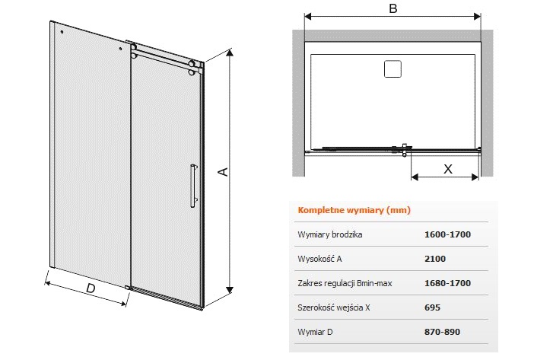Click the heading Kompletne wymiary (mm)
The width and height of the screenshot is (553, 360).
pyautogui.click(x=354, y=210)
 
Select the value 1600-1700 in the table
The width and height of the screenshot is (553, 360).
pyautogui.click(x=447, y=234)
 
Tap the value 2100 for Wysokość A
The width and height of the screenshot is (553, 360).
pyautogui.click(x=435, y=259)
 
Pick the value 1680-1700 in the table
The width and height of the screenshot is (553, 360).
pyautogui.click(x=447, y=283)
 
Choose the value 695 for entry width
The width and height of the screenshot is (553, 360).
pyautogui.click(x=432, y=307)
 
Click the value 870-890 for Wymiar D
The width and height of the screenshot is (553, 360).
pyautogui.click(x=442, y=332)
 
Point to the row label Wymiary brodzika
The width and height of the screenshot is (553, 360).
pyautogui.click(x=330, y=234)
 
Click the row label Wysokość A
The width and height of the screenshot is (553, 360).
pyautogui.click(x=319, y=259)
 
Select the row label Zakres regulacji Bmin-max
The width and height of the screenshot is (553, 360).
pyautogui.click(x=345, y=283)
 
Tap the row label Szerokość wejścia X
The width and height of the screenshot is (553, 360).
pyautogui.click(x=334, y=307)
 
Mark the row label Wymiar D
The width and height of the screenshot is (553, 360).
pyautogui.click(x=315, y=332)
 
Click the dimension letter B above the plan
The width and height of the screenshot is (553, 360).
pyautogui.click(x=393, y=8)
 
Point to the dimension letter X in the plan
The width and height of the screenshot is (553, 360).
pyautogui.click(x=447, y=169)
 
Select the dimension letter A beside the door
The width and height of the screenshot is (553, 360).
pyautogui.click(x=224, y=172)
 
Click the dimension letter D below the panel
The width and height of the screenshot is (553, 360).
pyautogui.click(x=91, y=288)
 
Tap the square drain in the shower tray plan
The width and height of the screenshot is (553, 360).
pyautogui.click(x=393, y=68)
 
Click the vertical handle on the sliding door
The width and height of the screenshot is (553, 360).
pyautogui.click(x=193, y=185)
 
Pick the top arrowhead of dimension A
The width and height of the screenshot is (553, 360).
pyautogui.click(x=230, y=53)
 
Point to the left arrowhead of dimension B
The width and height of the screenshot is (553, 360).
pyautogui.click(x=308, y=16)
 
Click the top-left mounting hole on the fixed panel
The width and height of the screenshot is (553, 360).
pyautogui.click(x=62, y=32)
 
